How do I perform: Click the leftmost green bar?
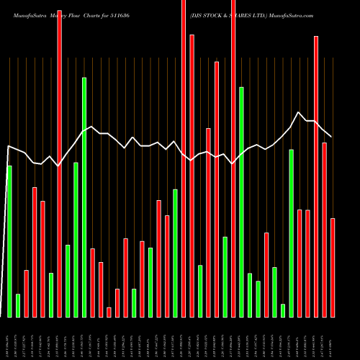tap(9, 241)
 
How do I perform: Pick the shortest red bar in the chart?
tap(109, 312)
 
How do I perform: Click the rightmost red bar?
tap(333, 267)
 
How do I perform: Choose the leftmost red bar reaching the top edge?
tap(59, 158)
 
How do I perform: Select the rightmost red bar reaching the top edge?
tap(233, 158)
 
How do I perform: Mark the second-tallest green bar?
tap(242, 202)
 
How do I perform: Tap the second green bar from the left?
tap(18, 305)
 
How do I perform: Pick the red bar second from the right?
tap(324, 230)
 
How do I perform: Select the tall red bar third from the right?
tap(316, 176)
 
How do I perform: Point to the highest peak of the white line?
tap(299, 112)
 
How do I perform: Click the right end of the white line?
tap(332, 137)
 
